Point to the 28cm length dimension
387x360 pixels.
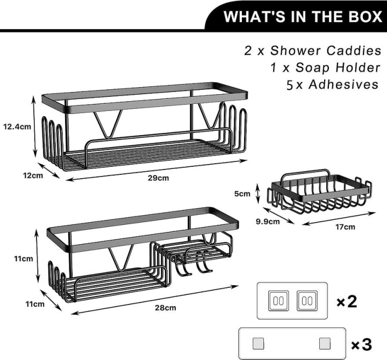pos(165,308)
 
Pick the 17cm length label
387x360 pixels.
pos(345,227)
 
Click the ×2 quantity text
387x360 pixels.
pos(347,302)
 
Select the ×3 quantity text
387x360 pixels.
pos(361,343)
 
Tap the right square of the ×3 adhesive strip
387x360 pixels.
pos(324,343)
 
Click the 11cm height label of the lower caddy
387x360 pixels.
pos(24,258)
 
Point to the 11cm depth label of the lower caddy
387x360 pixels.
pos(35,305)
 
